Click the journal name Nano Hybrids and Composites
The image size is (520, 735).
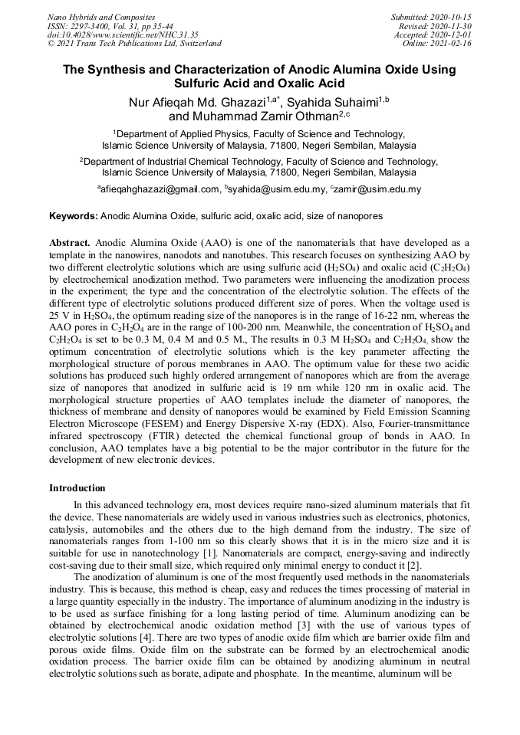pos(100,17)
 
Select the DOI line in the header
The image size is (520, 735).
pos(122,34)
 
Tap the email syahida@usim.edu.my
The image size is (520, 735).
pos(267,189)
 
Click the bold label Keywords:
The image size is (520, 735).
pos(74,217)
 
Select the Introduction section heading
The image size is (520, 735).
pos(77,488)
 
